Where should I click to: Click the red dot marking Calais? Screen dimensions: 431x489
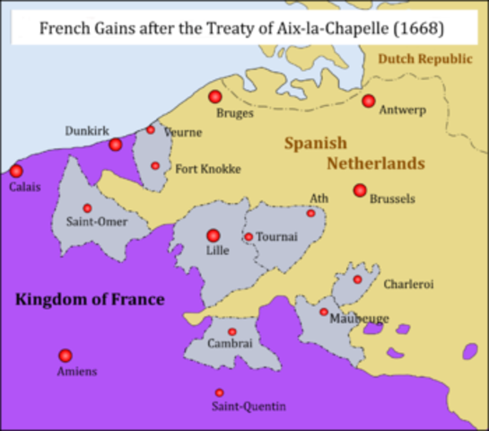(16, 171)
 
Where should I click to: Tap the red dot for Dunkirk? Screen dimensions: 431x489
(115, 145)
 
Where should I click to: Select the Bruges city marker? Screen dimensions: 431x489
(214, 96)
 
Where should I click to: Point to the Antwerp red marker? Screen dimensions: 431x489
(368, 101)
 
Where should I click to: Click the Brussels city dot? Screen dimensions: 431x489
(360, 190)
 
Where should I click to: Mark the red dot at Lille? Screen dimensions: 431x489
(214, 236)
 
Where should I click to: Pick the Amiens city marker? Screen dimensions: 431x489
(65, 356)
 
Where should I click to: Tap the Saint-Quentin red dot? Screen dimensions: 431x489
(220, 392)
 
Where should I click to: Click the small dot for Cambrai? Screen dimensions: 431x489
(232, 332)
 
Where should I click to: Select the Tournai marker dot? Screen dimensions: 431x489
(249, 237)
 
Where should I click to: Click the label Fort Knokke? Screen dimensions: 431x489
(208, 168)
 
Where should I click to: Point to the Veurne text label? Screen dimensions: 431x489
(183, 132)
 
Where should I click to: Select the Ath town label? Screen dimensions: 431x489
(319, 198)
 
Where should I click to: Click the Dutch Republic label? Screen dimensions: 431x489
(424, 58)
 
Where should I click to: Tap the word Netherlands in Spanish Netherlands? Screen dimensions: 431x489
(375, 164)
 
